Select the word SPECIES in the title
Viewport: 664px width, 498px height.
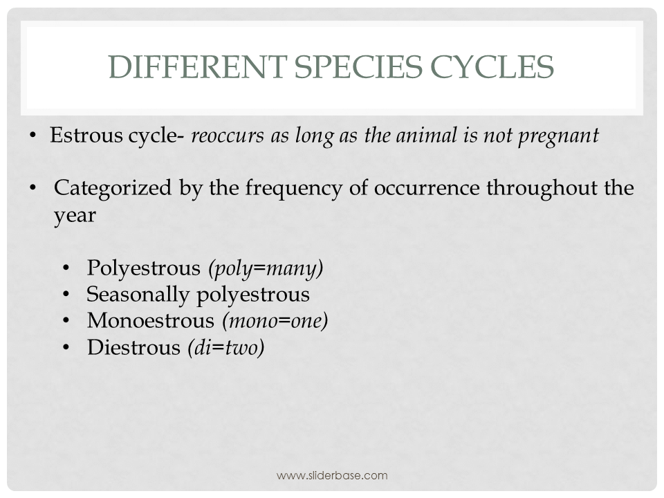pyautogui.click(x=351, y=67)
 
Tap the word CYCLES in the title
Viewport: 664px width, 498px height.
pyautogui.click(x=490, y=67)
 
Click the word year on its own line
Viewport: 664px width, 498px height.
pyautogui.click(x=75, y=216)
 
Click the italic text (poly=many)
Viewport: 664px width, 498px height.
pyautogui.click(x=266, y=268)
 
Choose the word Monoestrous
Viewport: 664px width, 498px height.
pyautogui.click(x=151, y=321)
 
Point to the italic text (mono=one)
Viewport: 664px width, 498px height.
pyautogui.click(x=275, y=321)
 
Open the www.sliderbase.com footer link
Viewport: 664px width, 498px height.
pyautogui.click(x=332, y=475)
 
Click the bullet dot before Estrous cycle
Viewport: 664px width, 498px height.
pyautogui.click(x=33, y=136)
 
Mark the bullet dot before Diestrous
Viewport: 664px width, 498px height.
pyautogui.click(x=66, y=348)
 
